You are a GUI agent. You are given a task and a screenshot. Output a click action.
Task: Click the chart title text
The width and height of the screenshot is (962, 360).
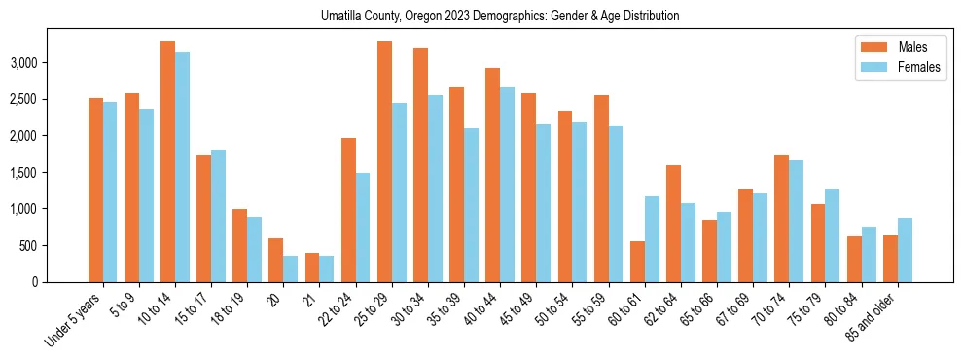click(500, 17)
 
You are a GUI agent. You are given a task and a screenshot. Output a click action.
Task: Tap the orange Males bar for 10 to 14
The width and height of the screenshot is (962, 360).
click(168, 162)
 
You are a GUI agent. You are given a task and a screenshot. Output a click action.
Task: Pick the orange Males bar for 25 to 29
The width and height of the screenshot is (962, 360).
click(384, 162)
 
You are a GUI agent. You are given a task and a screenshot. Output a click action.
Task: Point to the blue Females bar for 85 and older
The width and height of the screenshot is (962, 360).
click(905, 250)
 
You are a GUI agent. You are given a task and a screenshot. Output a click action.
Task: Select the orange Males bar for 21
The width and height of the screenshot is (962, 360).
click(312, 268)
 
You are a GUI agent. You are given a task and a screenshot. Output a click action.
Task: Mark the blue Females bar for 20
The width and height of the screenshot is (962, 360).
click(291, 269)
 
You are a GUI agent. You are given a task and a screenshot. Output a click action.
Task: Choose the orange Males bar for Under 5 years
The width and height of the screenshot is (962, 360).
click(95, 190)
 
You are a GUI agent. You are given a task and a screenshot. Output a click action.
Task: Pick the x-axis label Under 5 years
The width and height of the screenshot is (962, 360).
click(74, 317)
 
